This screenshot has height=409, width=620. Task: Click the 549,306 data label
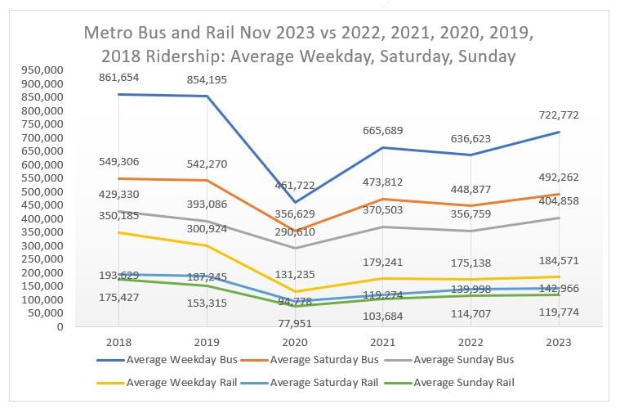[x=118, y=162]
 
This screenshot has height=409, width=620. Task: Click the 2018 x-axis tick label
[x=119, y=342]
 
